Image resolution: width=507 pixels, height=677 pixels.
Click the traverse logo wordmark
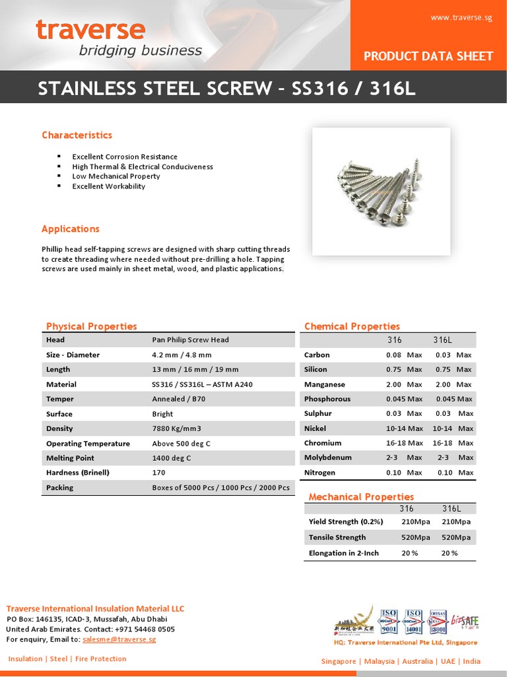[90, 30]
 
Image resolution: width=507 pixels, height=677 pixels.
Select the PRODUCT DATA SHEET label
[428, 56]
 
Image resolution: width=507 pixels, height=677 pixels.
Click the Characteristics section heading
[77, 135]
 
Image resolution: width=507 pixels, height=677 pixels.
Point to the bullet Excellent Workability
[108, 186]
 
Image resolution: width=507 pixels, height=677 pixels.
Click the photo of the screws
[381, 191]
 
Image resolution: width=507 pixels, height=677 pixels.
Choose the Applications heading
[71, 229]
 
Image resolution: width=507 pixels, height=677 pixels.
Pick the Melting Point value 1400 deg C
[171, 458]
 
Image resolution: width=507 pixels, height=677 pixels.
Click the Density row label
[59, 428]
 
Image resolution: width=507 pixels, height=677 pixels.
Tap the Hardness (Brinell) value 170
[158, 473]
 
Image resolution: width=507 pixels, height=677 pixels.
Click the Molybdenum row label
[327, 458]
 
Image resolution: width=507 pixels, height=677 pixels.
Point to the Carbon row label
[317, 355]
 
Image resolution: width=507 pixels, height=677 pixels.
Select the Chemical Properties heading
[352, 326]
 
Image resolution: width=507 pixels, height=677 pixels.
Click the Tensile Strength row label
[337, 538]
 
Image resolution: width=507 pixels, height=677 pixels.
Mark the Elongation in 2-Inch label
[343, 553]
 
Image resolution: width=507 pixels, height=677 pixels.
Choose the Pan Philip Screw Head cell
[190, 340]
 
